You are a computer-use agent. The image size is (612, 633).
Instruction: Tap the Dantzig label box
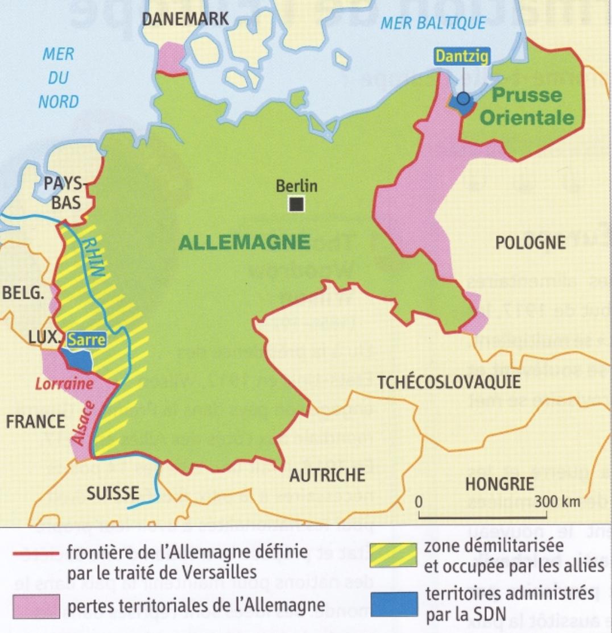pyautogui.click(x=461, y=56)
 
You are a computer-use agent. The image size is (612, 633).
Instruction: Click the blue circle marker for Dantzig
pyautogui.click(x=464, y=99)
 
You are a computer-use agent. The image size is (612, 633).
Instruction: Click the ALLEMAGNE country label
pyautogui.click(x=245, y=243)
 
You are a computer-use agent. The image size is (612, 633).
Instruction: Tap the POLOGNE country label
pyautogui.click(x=530, y=243)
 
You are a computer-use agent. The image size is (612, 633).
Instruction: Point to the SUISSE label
pyautogui.click(x=113, y=493)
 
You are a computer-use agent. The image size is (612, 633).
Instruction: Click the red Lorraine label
pyautogui.click(x=64, y=384)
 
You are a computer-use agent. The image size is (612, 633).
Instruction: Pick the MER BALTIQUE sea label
pyautogui.click(x=433, y=23)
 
